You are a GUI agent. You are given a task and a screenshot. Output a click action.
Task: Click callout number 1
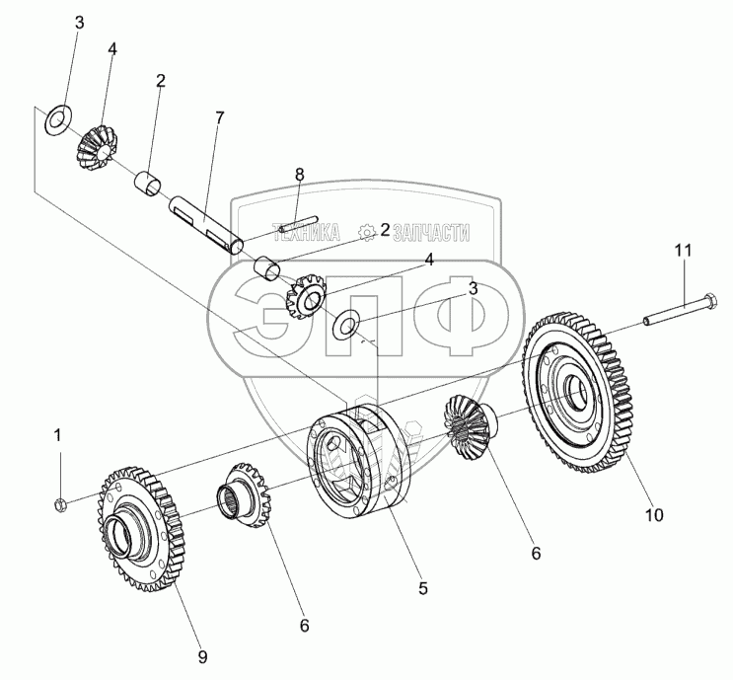pyautogui.click(x=57, y=433)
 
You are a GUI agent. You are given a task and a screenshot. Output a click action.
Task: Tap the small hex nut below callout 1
pyautogui.click(x=58, y=506)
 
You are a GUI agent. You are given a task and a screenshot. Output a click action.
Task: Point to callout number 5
pyautogui.click(x=422, y=588)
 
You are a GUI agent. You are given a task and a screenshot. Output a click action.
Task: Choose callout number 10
pyautogui.click(x=655, y=514)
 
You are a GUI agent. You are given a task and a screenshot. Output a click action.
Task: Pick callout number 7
pyautogui.click(x=219, y=117)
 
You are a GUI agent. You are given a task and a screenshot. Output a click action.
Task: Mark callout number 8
pyautogui.click(x=300, y=175)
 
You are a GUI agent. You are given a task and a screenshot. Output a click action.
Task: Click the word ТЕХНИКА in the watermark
pyautogui.click(x=306, y=233)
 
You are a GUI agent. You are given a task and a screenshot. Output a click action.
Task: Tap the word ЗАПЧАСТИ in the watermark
pyautogui.click(x=430, y=233)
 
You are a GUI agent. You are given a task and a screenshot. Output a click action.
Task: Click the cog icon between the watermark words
pyautogui.click(x=368, y=233)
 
